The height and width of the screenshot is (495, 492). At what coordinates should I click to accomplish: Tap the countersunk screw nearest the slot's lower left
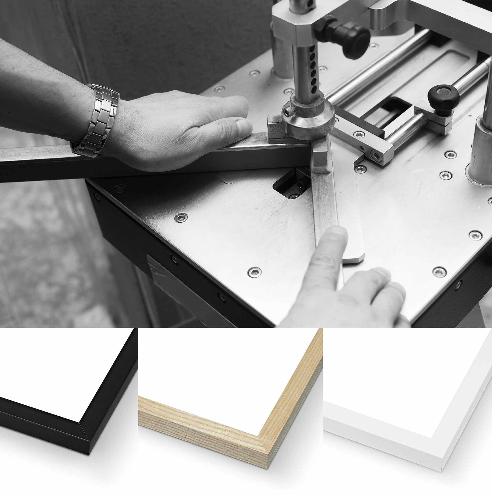point(181,218)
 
